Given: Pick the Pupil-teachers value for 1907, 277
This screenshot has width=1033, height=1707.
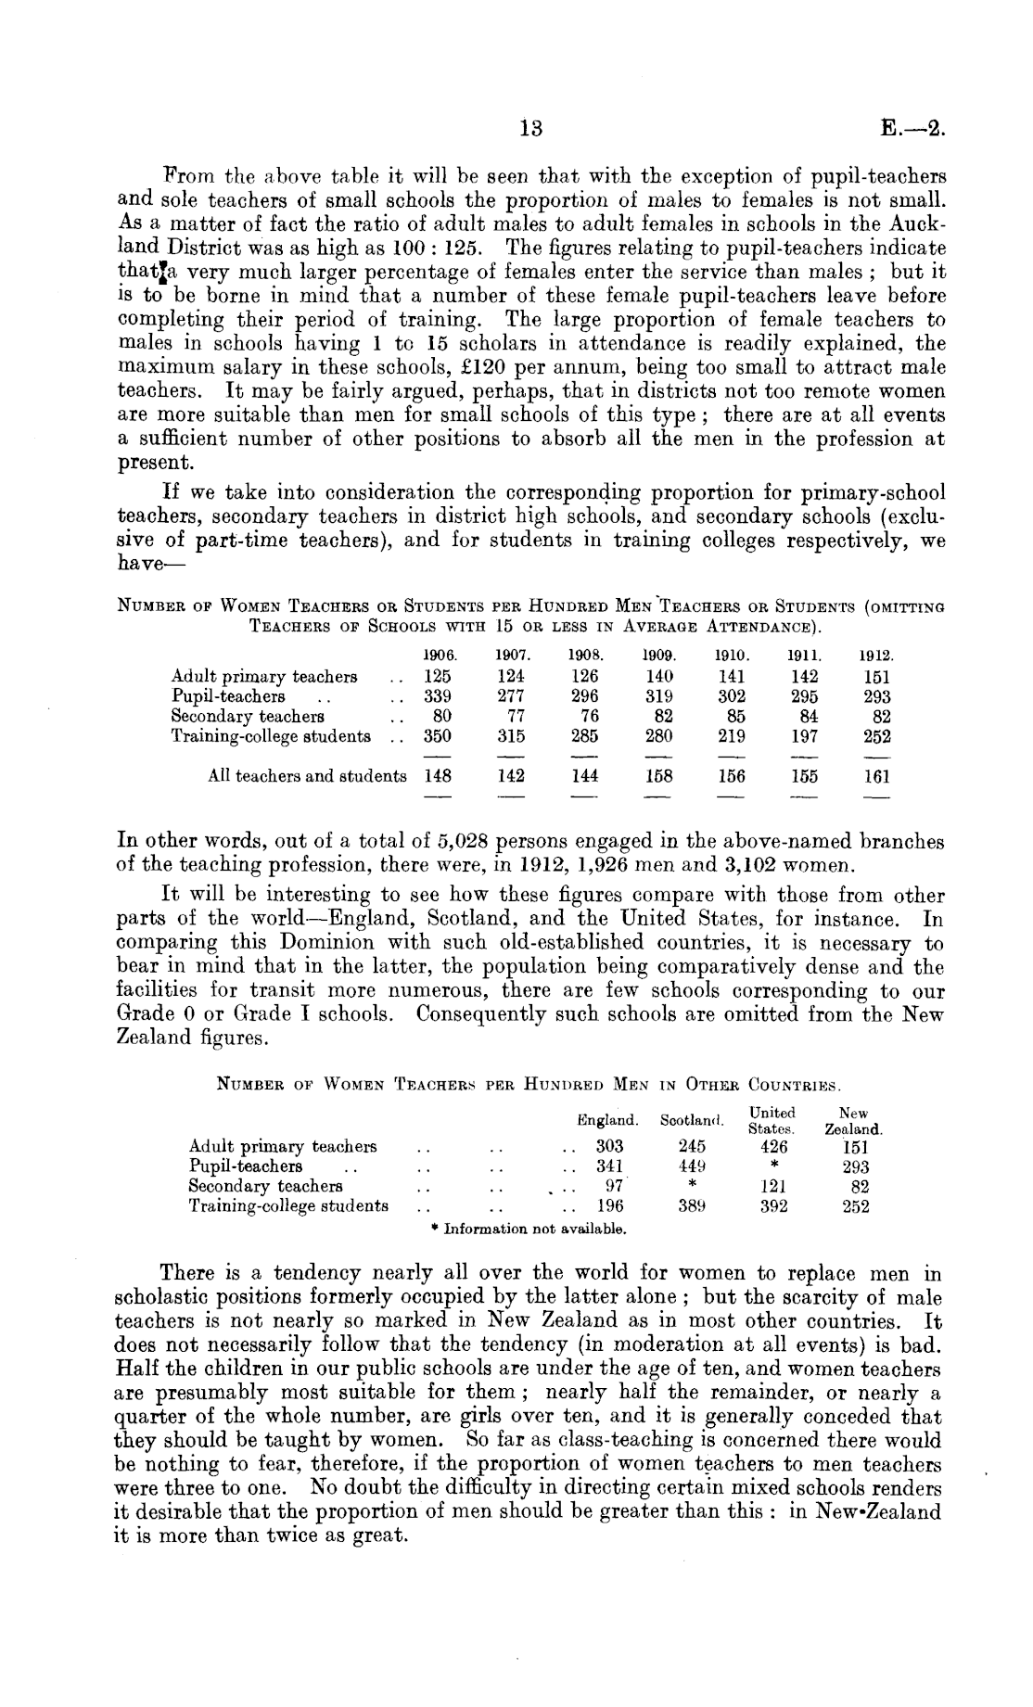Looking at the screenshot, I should pos(511,696).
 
